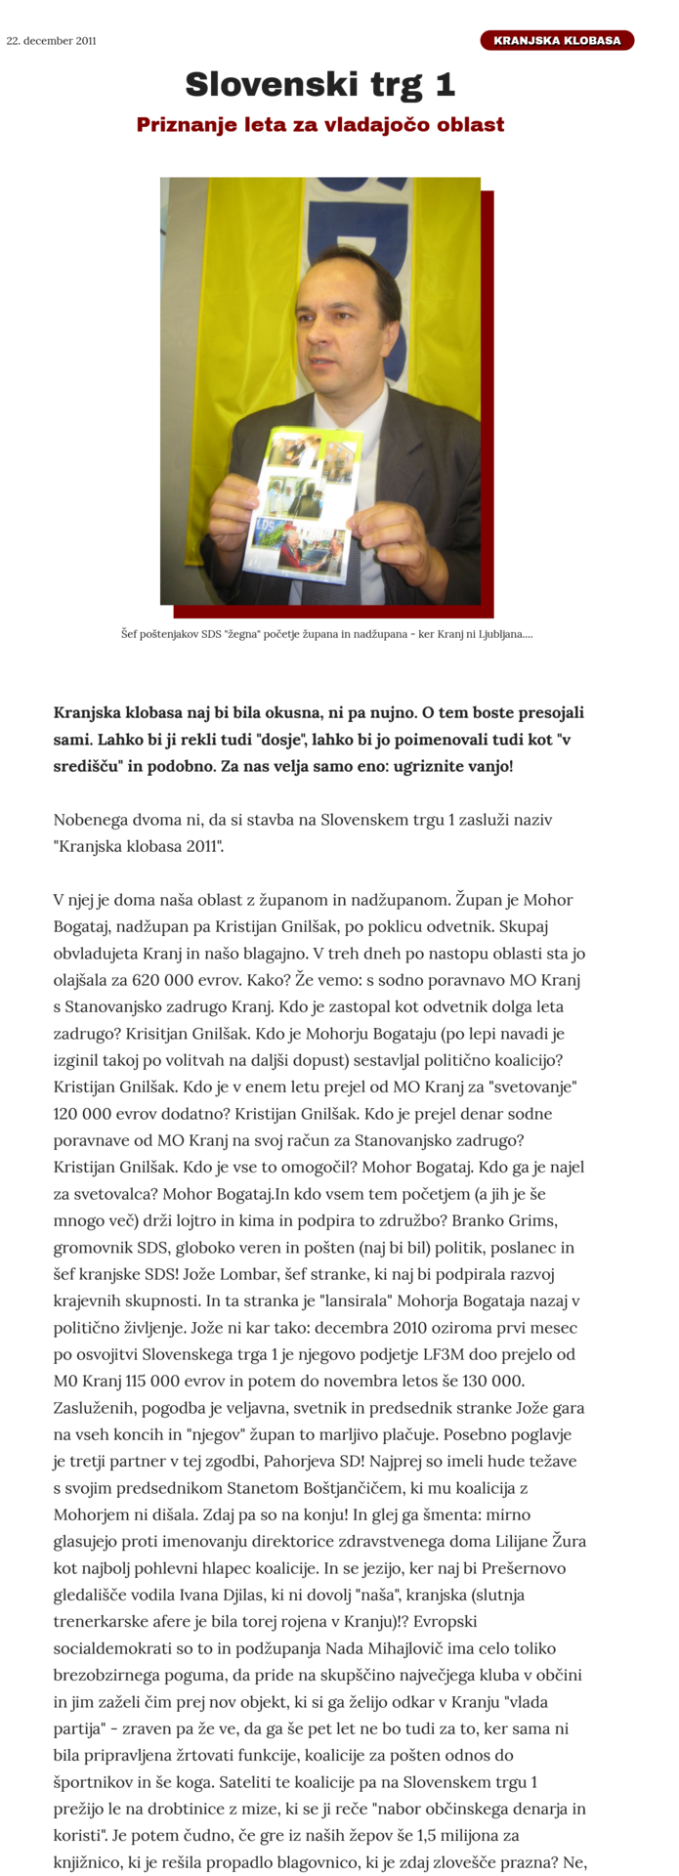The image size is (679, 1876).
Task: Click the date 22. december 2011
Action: tap(52, 41)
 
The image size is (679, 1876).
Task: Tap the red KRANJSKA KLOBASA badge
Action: tap(557, 41)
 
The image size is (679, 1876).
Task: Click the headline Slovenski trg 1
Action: tap(320, 85)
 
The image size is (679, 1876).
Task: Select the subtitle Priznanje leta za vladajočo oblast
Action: tap(320, 125)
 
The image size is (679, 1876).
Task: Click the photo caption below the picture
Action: tap(326, 635)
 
